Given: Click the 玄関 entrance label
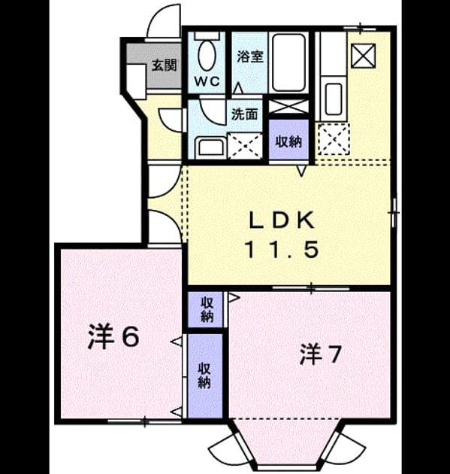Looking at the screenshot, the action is coord(164,65).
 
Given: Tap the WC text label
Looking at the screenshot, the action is coord(207,81).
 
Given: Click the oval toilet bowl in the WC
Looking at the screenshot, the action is coord(207,56).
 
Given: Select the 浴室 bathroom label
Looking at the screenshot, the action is coord(250,56).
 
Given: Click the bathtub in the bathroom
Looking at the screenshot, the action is coord(288,62).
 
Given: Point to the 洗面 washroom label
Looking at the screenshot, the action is coord(244,114).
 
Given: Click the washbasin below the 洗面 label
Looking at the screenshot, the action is coord(210,147).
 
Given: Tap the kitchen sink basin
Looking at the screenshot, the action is coord(334,99).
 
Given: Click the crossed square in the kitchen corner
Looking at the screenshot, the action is coord(364,56).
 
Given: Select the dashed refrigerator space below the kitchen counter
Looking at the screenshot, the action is coord(333,139).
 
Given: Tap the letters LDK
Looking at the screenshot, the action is coord(282,220).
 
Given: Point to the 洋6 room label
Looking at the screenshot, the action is coord(113,337).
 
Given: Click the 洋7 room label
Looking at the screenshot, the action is coord(320,355).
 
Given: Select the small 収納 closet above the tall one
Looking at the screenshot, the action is coord(206,309).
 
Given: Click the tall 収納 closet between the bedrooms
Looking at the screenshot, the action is coord(205,376).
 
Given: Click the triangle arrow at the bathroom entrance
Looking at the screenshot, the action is coord(238,88).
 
